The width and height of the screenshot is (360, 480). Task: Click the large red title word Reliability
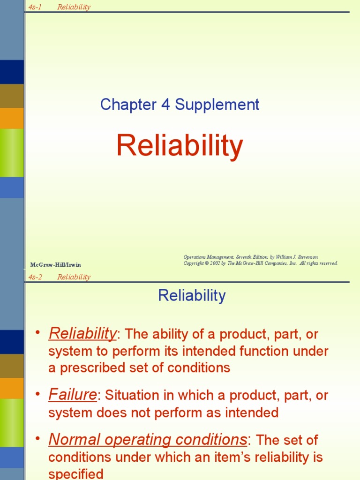coord(180,146)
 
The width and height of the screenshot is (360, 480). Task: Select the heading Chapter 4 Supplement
coord(180,105)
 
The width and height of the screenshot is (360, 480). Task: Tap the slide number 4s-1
coord(35,7)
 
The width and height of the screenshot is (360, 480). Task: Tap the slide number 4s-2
coord(35,277)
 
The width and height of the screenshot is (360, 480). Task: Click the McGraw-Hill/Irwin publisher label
coord(55,265)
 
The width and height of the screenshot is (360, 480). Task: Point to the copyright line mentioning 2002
coord(260,263)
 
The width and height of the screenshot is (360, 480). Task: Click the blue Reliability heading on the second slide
coord(192,296)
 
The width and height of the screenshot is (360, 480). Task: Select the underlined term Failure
coord(73,395)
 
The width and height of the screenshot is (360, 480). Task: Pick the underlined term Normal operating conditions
coord(148,440)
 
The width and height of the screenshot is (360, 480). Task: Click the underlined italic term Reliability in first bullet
coord(82,333)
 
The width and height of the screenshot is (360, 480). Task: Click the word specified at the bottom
coord(75,474)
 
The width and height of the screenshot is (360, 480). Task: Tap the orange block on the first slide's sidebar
coord(12,118)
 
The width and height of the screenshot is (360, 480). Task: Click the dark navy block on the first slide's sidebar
coord(12,72)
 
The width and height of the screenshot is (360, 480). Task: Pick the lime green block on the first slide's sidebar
coord(12,153)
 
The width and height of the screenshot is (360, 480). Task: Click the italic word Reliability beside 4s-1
coord(74,7)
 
